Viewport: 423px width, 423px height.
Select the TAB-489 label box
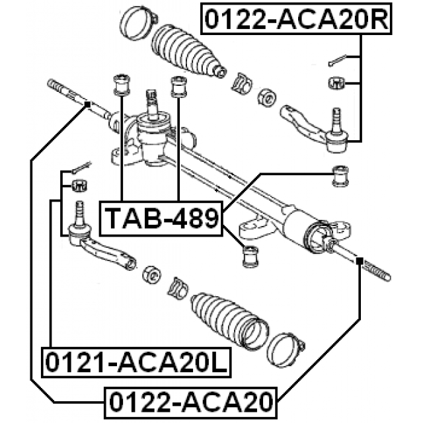point(161,217)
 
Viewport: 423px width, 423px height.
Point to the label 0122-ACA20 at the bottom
point(190,401)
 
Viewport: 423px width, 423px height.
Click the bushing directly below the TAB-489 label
point(250,255)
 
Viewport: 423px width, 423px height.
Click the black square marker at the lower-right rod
point(359,261)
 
